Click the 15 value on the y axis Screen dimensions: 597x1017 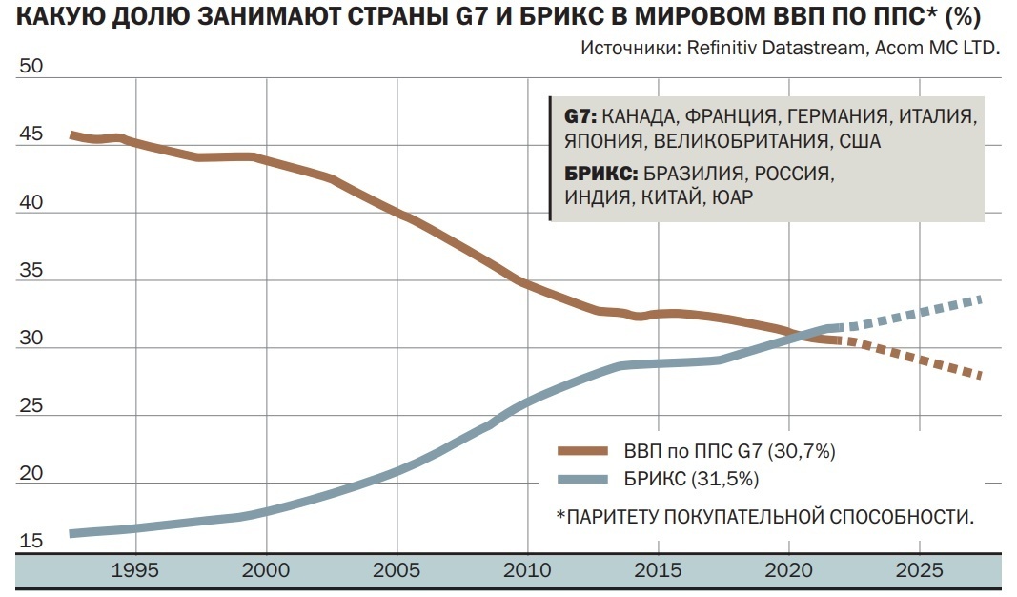click(x=31, y=542)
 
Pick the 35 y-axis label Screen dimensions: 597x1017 click(x=31, y=270)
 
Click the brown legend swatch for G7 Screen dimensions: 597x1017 click(x=583, y=449)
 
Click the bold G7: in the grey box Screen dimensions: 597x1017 click(x=580, y=116)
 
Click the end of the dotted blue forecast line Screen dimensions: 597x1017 click(x=981, y=300)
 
